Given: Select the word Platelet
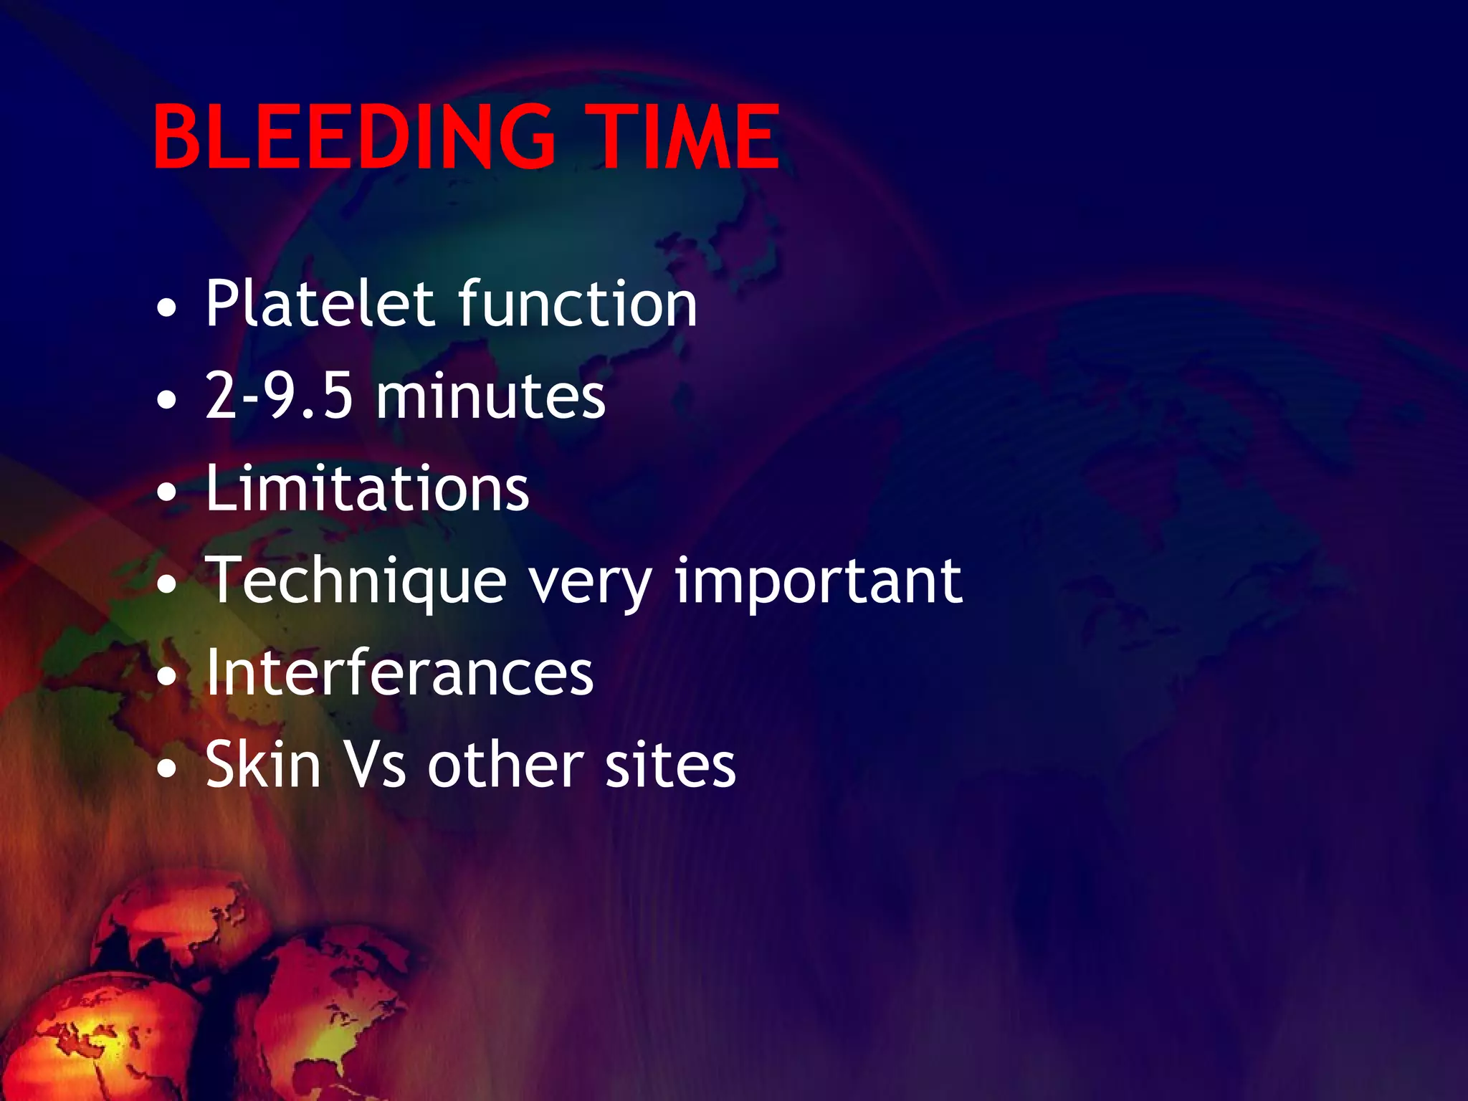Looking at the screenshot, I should [320, 304].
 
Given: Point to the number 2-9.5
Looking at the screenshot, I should [279, 396].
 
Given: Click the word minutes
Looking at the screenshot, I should [491, 396].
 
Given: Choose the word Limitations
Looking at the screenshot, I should [367, 488].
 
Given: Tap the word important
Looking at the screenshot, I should [819, 582].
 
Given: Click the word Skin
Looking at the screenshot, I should [263, 765].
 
